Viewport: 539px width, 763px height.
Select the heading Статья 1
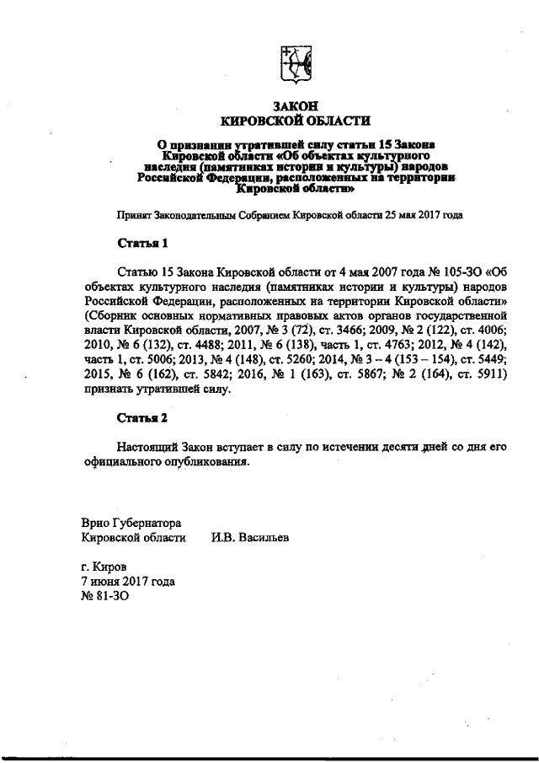click(142, 244)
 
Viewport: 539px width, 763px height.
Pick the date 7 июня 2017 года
click(127, 582)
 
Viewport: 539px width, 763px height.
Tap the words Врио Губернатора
click(131, 523)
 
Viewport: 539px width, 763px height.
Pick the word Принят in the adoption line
click(133, 216)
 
